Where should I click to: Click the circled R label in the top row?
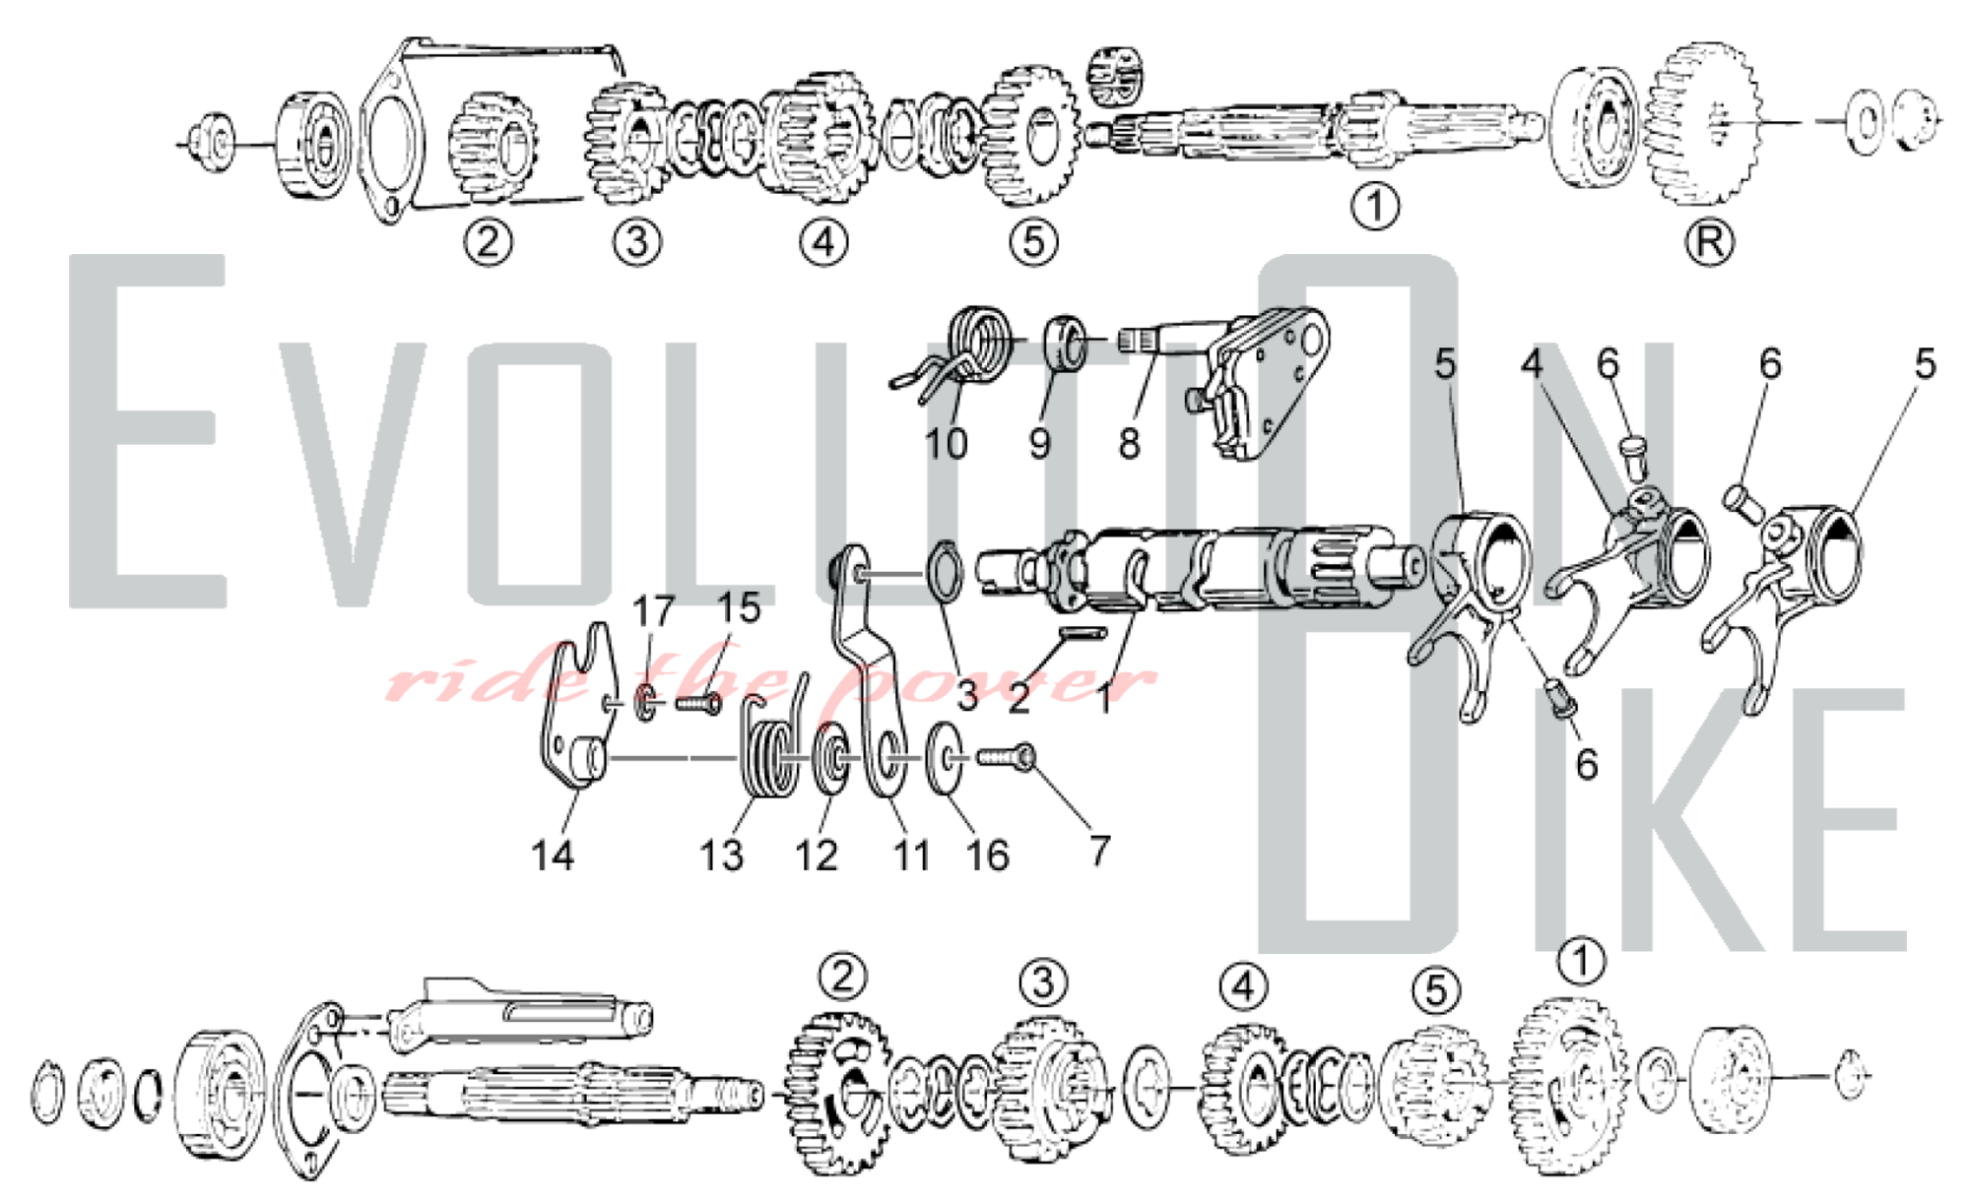[1710, 242]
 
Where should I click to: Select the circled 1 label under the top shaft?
[1375, 207]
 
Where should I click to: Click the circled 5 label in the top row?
[1033, 242]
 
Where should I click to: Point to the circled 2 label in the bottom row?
[843, 977]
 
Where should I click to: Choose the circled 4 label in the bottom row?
[1244, 985]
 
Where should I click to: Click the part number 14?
[553, 855]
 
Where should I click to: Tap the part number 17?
[653, 611]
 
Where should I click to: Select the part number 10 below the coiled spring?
[946, 444]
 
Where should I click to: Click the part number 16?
[988, 855]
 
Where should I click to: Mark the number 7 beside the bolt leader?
[1100, 851]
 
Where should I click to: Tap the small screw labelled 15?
[699, 704]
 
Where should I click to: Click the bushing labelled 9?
[1065, 342]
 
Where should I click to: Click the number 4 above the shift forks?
[1532, 364]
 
